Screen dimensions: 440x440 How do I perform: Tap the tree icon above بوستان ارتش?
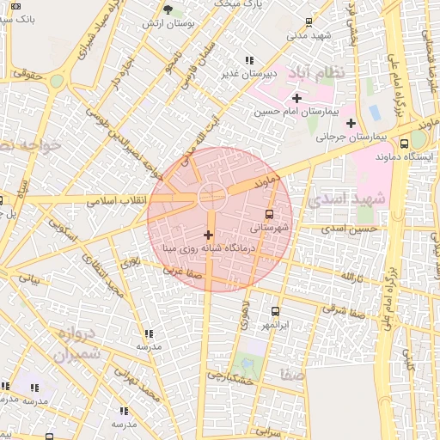pyautogui.click(x=168, y=9)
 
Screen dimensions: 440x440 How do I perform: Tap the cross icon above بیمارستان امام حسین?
pyautogui.click(x=296, y=98)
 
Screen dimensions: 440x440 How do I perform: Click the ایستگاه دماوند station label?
pyautogui.click(x=400, y=156)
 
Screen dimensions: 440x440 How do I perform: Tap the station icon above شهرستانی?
pyautogui.click(x=270, y=215)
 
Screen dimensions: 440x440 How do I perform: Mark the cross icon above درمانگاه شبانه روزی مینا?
pyautogui.click(x=207, y=235)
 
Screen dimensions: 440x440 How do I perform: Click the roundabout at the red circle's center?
pyautogui.click(x=212, y=197)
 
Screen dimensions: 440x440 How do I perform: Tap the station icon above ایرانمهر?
pyautogui.click(x=275, y=312)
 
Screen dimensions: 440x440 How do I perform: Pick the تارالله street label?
pyautogui.click(x=351, y=278)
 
